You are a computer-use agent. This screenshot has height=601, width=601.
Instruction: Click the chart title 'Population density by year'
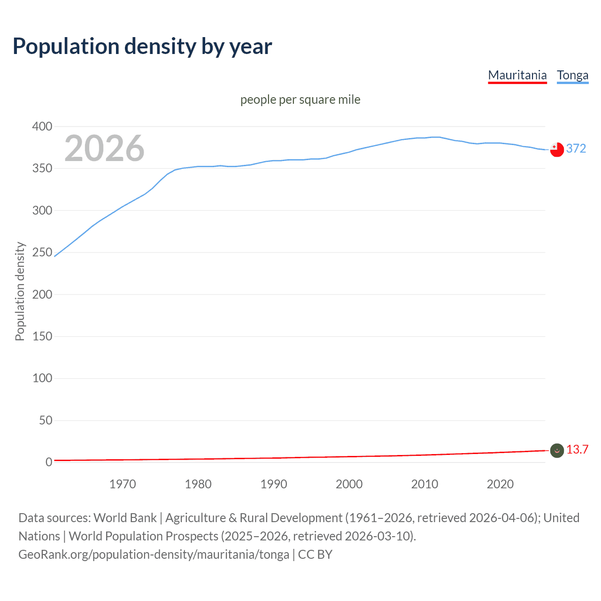pyautogui.click(x=142, y=46)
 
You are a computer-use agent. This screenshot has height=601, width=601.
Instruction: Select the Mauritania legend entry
pyautogui.click(x=517, y=75)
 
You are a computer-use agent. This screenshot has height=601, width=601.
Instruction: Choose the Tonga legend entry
pyautogui.click(x=572, y=75)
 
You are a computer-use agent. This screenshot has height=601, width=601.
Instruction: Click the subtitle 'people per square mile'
pyautogui.click(x=300, y=100)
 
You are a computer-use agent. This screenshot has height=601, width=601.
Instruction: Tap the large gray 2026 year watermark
pyautogui.click(x=104, y=148)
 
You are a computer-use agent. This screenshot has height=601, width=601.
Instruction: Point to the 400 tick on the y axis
pyautogui.click(x=42, y=126)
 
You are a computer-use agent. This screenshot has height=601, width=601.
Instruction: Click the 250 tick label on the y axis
pyautogui.click(x=42, y=253)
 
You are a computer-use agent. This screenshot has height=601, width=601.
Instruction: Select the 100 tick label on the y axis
pyautogui.click(x=42, y=378)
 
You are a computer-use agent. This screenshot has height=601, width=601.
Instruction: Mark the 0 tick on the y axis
pyautogui.click(x=49, y=462)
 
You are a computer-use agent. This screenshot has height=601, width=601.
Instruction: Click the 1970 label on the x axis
pyautogui.click(x=123, y=484)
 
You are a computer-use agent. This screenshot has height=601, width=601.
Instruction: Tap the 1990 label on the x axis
pyautogui.click(x=274, y=484)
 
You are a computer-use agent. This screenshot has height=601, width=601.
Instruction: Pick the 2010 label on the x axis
pyautogui.click(x=424, y=484)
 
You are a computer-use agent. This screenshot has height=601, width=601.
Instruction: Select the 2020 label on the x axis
pyautogui.click(x=500, y=484)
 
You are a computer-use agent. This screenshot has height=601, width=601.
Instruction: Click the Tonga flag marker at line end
pyautogui.click(x=557, y=149)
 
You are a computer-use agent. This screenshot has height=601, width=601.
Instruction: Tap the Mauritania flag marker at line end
pyautogui.click(x=557, y=451)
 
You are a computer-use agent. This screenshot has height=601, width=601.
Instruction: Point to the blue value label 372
pyautogui.click(x=576, y=148)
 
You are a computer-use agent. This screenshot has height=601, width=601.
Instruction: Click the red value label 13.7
pyautogui.click(x=577, y=450)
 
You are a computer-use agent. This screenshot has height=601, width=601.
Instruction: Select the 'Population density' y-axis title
pyautogui.click(x=20, y=291)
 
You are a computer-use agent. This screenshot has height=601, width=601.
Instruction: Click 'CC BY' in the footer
pyautogui.click(x=315, y=555)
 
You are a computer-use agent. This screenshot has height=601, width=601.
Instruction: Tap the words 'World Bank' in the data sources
pyautogui.click(x=125, y=518)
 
